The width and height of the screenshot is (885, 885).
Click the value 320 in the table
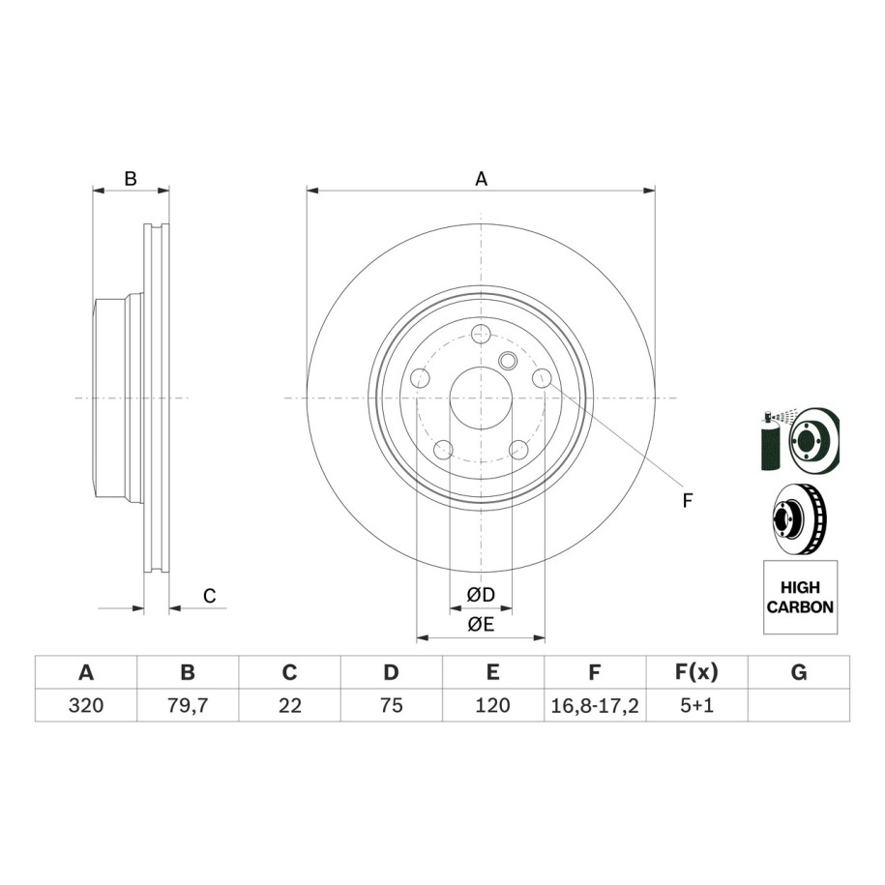(86, 705)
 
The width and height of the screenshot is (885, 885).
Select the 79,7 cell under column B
(188, 705)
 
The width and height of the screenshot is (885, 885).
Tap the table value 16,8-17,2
(594, 706)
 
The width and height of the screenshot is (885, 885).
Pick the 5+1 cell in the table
(696, 705)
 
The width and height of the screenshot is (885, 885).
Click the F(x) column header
(696, 672)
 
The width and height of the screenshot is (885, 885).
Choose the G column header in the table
(799, 672)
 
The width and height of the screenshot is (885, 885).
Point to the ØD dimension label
(481, 594)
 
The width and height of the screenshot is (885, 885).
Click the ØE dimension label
(481, 624)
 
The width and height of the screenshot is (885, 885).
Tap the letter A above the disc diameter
(481, 179)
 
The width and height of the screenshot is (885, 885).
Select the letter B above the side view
(131, 179)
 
